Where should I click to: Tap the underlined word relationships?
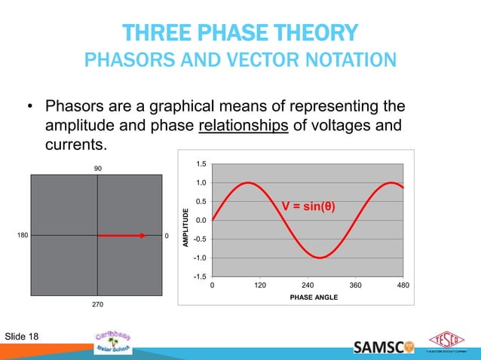pyautogui.click(x=244, y=124)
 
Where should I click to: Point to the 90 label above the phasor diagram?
pyautogui.click(x=97, y=168)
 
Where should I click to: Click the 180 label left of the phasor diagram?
pyautogui.click(x=22, y=236)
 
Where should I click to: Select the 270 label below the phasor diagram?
pyautogui.click(x=97, y=304)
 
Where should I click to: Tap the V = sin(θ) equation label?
pyautogui.click(x=308, y=206)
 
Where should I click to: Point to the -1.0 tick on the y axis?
pyautogui.click(x=200, y=258)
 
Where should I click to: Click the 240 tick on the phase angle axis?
pyautogui.click(x=308, y=286)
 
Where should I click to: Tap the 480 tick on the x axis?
pyautogui.click(x=403, y=286)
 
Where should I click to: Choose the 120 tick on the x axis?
pyautogui.click(x=259, y=286)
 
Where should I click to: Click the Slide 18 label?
pyautogui.click(x=23, y=335)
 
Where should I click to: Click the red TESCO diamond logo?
pyautogui.click(x=445, y=340)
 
